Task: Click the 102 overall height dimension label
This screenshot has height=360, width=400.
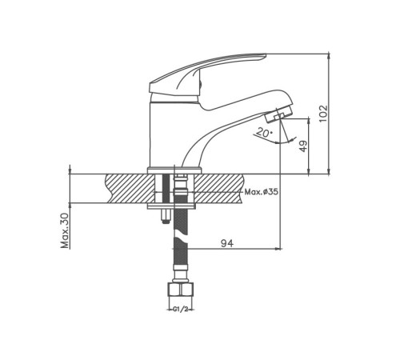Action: point(323,114)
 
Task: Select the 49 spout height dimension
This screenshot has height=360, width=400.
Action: point(304,146)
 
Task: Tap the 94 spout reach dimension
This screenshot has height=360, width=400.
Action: point(227,243)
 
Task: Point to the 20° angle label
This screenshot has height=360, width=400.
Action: point(264,132)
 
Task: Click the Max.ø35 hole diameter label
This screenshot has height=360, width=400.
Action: point(262,191)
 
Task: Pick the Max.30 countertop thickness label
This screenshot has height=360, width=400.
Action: point(65,231)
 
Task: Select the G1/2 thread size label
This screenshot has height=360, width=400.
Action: point(181,310)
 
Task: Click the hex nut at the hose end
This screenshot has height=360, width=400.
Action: point(181,289)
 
